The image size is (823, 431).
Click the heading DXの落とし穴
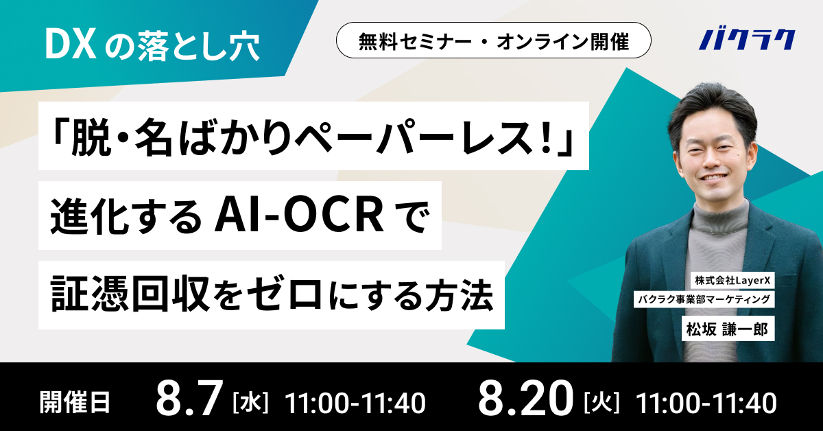(x=151, y=43)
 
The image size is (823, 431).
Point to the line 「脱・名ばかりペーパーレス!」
(x=313, y=136)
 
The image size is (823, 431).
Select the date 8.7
(x=190, y=398)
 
